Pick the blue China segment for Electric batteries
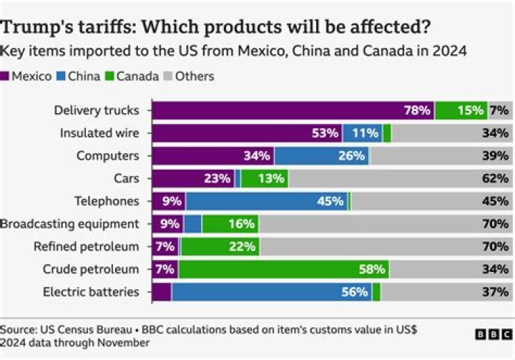click(272, 292)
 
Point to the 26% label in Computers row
click(351, 156)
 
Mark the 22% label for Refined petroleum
click(242, 247)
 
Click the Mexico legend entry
click(26, 76)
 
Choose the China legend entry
click(79, 76)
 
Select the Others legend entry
click(187, 76)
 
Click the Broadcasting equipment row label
click(69, 224)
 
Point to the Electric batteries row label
click(92, 292)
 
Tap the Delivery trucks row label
click(97, 110)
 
